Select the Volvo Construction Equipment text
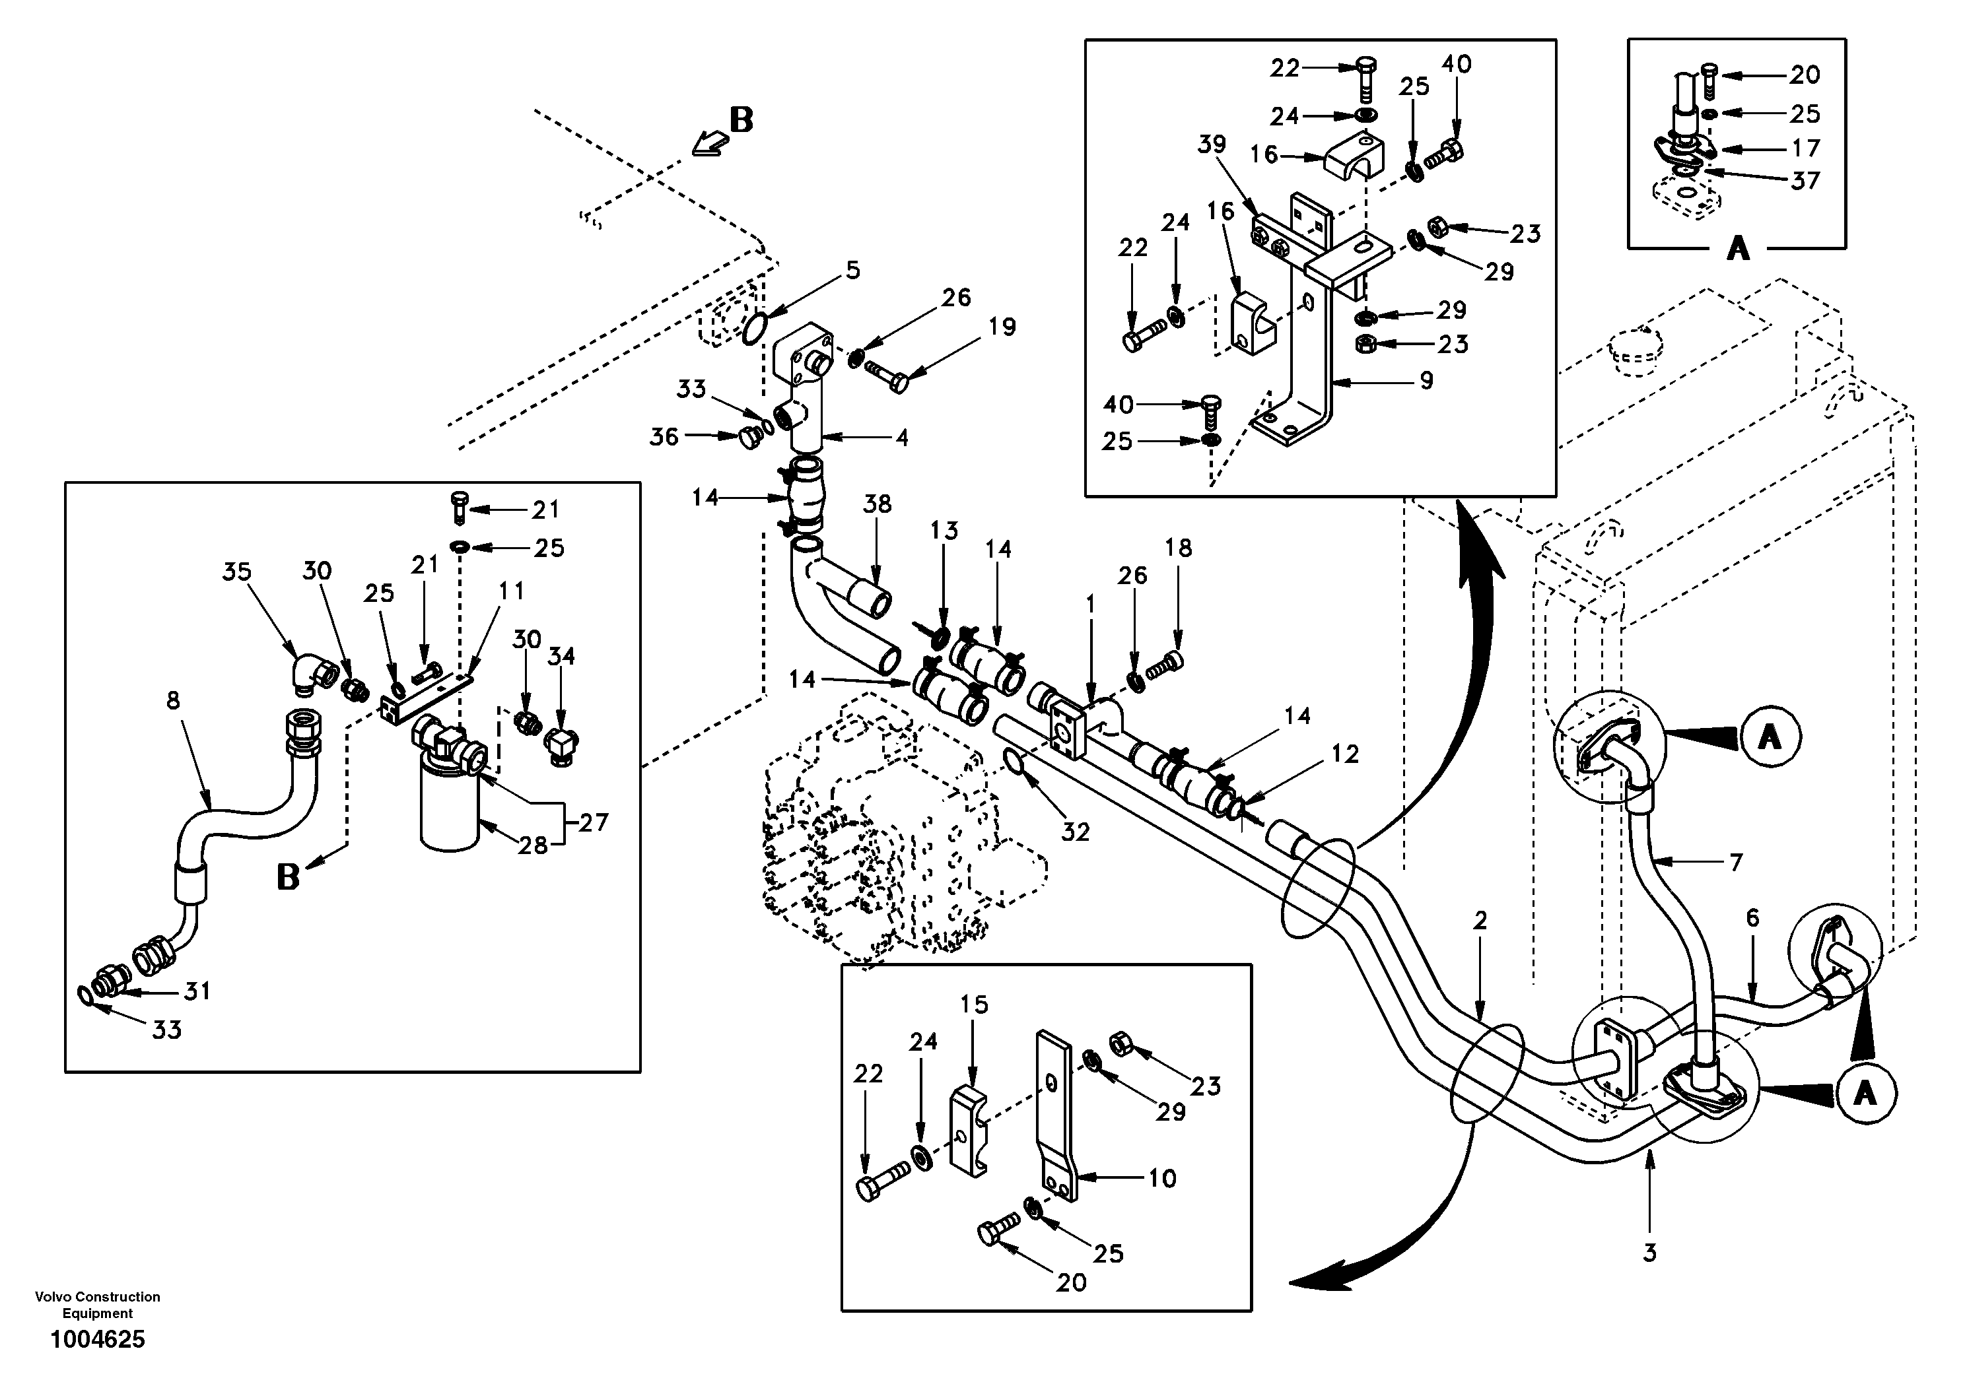coord(98,1305)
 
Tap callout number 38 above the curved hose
coord(878,504)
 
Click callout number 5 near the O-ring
coord(852,271)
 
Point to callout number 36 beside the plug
coord(664,437)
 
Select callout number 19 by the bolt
coord(1002,327)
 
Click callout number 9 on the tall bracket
coord(1426,380)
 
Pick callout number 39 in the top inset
coord(1212,145)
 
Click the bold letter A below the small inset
coord(1737,249)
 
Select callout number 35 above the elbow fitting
coord(237,571)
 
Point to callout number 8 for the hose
coord(173,701)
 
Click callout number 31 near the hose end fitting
coord(197,991)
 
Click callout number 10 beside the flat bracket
coord(1161,1178)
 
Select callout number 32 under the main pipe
coord(1075,832)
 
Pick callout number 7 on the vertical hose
coord(1736,863)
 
